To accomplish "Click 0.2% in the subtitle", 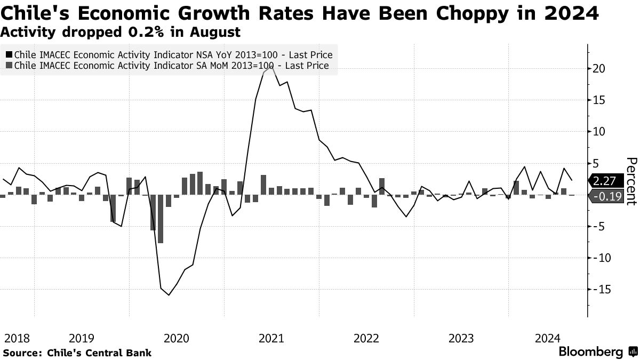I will click(141, 32).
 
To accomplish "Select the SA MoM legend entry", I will click(171, 66).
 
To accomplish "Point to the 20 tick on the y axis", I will click(598, 68).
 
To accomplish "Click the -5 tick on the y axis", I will click(599, 226).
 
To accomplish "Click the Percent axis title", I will click(631, 181).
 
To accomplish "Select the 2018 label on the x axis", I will click(17, 338).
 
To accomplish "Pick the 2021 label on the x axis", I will click(271, 338).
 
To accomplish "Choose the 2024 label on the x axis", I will click(548, 338).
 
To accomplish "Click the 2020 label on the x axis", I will click(177, 338).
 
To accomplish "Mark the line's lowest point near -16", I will click(169, 295).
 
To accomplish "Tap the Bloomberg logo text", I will click(590, 352).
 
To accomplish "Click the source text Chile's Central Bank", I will click(100, 353).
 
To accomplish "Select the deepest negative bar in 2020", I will click(161, 219).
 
